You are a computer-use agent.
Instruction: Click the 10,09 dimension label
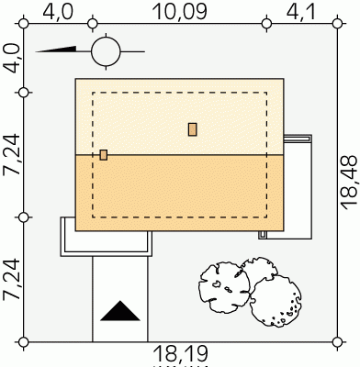(x=179, y=12)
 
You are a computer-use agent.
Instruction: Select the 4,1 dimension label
(x=300, y=12)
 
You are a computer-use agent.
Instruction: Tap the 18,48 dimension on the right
(x=349, y=183)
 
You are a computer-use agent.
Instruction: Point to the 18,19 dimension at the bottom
(x=181, y=354)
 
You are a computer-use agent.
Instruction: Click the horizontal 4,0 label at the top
(x=58, y=12)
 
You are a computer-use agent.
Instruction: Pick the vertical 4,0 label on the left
(x=11, y=58)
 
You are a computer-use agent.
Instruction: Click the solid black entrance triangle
(x=120, y=311)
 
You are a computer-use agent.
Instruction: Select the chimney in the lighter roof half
(x=192, y=129)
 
